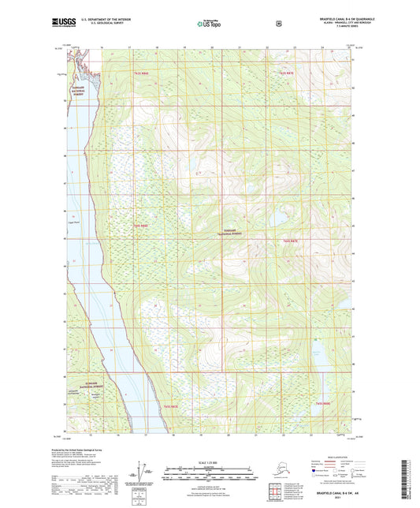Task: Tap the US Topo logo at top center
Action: click(210, 24)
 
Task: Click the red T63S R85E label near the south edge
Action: click(171, 405)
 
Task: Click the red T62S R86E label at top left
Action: click(142, 73)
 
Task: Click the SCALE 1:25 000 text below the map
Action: click(209, 461)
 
